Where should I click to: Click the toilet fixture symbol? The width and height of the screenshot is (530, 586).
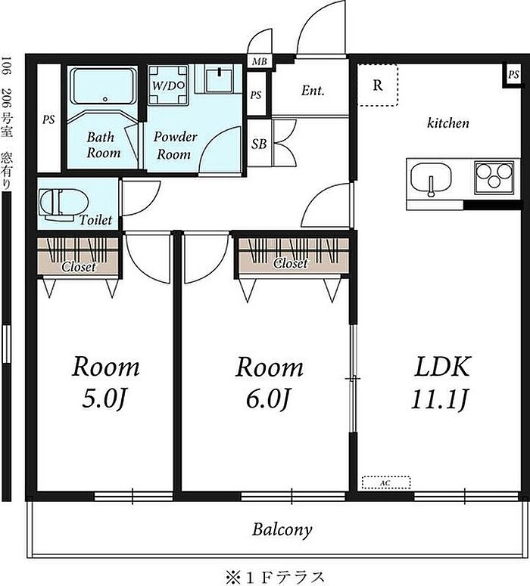coord(64,205)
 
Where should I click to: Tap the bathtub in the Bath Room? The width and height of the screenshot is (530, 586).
coord(104,87)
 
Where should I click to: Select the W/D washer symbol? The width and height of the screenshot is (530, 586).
coord(168,85)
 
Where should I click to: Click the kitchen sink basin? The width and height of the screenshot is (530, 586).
coord(431,179)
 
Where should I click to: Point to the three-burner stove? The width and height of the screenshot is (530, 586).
coord(494,178)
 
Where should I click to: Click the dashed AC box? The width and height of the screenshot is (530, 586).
coord(386,482)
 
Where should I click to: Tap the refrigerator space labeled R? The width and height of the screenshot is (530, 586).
coord(378,85)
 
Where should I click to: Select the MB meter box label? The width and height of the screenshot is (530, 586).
coord(259,61)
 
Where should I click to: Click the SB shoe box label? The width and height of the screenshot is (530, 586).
coord(259,144)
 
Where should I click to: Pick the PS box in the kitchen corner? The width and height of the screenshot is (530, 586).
coord(513,75)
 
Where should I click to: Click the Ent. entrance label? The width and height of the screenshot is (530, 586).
coord(313,91)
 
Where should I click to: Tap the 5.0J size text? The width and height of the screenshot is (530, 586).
coord(103,400)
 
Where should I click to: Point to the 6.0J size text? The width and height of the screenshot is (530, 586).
coord(267,400)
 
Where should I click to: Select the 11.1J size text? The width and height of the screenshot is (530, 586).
coord(439,400)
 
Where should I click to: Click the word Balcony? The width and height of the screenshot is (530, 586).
coord(282,529)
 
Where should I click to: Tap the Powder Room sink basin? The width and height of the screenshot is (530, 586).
coord(219,79)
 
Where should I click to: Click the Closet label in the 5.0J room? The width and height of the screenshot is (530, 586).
coord(79,266)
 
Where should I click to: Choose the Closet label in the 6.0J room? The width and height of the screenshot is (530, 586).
coord(291,263)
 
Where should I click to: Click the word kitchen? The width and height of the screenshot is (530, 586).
coord(448,122)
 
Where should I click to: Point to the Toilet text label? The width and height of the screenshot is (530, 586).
coord(95,220)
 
